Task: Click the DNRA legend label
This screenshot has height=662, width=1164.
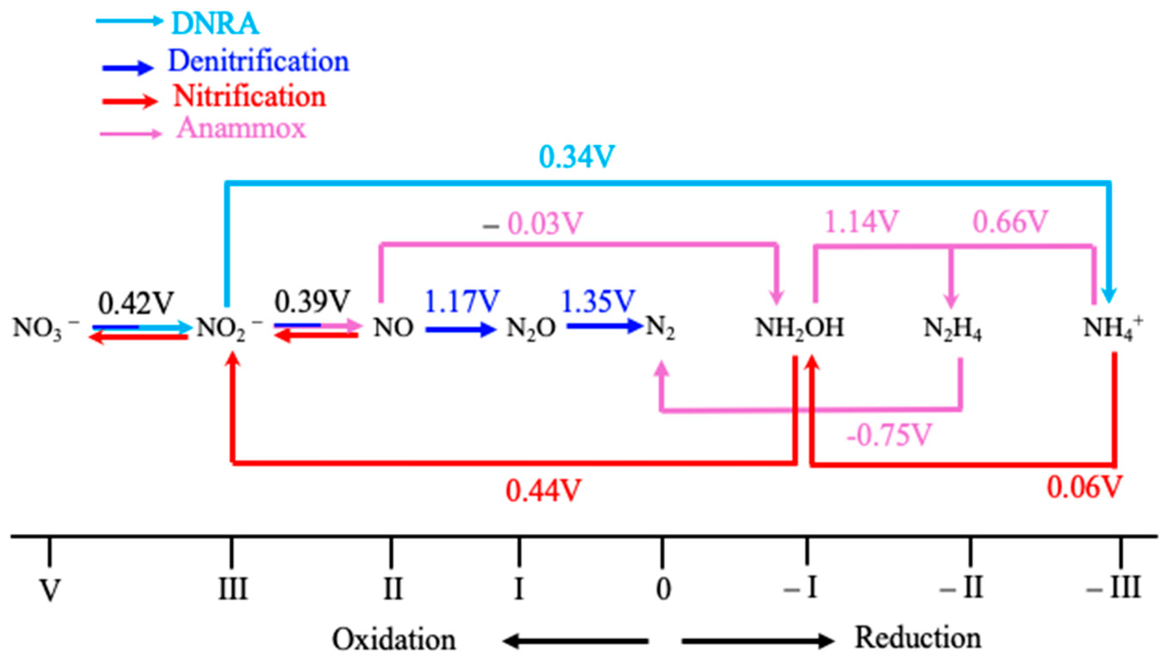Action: [215, 24]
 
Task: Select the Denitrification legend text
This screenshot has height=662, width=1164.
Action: [258, 61]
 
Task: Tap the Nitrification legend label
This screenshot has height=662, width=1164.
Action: [250, 97]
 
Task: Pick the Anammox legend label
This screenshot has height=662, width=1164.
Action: [241, 128]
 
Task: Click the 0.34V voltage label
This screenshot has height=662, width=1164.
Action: [577, 157]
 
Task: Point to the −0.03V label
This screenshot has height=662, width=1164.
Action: [533, 224]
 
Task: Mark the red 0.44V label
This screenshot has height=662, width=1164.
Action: [543, 491]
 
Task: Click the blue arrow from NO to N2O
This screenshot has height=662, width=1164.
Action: [460, 329]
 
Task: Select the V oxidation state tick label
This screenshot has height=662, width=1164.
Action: [50, 590]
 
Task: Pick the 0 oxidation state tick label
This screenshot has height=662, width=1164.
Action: [663, 589]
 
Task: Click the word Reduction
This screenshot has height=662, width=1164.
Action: [918, 637]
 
